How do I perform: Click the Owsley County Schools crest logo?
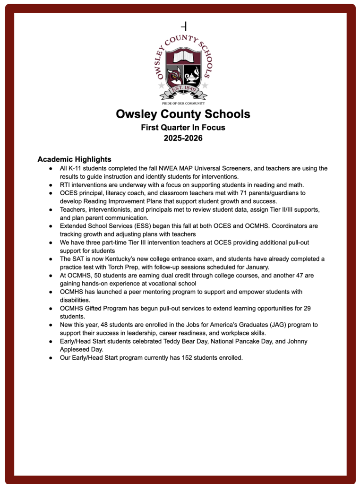[183, 69]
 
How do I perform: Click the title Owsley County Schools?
[183, 114]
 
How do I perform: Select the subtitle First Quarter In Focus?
[183, 127]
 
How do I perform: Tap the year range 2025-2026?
[183, 138]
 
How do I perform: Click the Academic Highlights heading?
[74, 159]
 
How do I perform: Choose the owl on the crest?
[174, 76]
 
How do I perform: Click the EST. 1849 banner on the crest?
[183, 88]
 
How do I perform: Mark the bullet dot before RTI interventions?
[51, 185]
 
